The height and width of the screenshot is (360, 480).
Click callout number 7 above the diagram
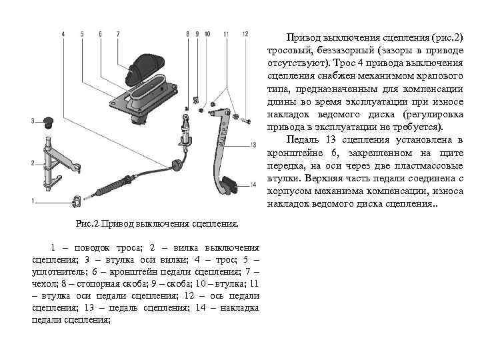tap(118, 33)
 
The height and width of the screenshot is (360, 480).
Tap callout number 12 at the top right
tap(245, 33)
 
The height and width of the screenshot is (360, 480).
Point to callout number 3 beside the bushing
tap(32, 121)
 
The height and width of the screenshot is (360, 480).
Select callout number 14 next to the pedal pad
tap(253, 185)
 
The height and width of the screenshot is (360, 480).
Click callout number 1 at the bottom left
tap(32, 201)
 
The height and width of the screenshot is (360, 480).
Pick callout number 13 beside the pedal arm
tap(253, 145)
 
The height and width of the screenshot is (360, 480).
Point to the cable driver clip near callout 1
tap(77, 199)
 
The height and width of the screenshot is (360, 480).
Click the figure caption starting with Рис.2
tap(157, 221)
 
